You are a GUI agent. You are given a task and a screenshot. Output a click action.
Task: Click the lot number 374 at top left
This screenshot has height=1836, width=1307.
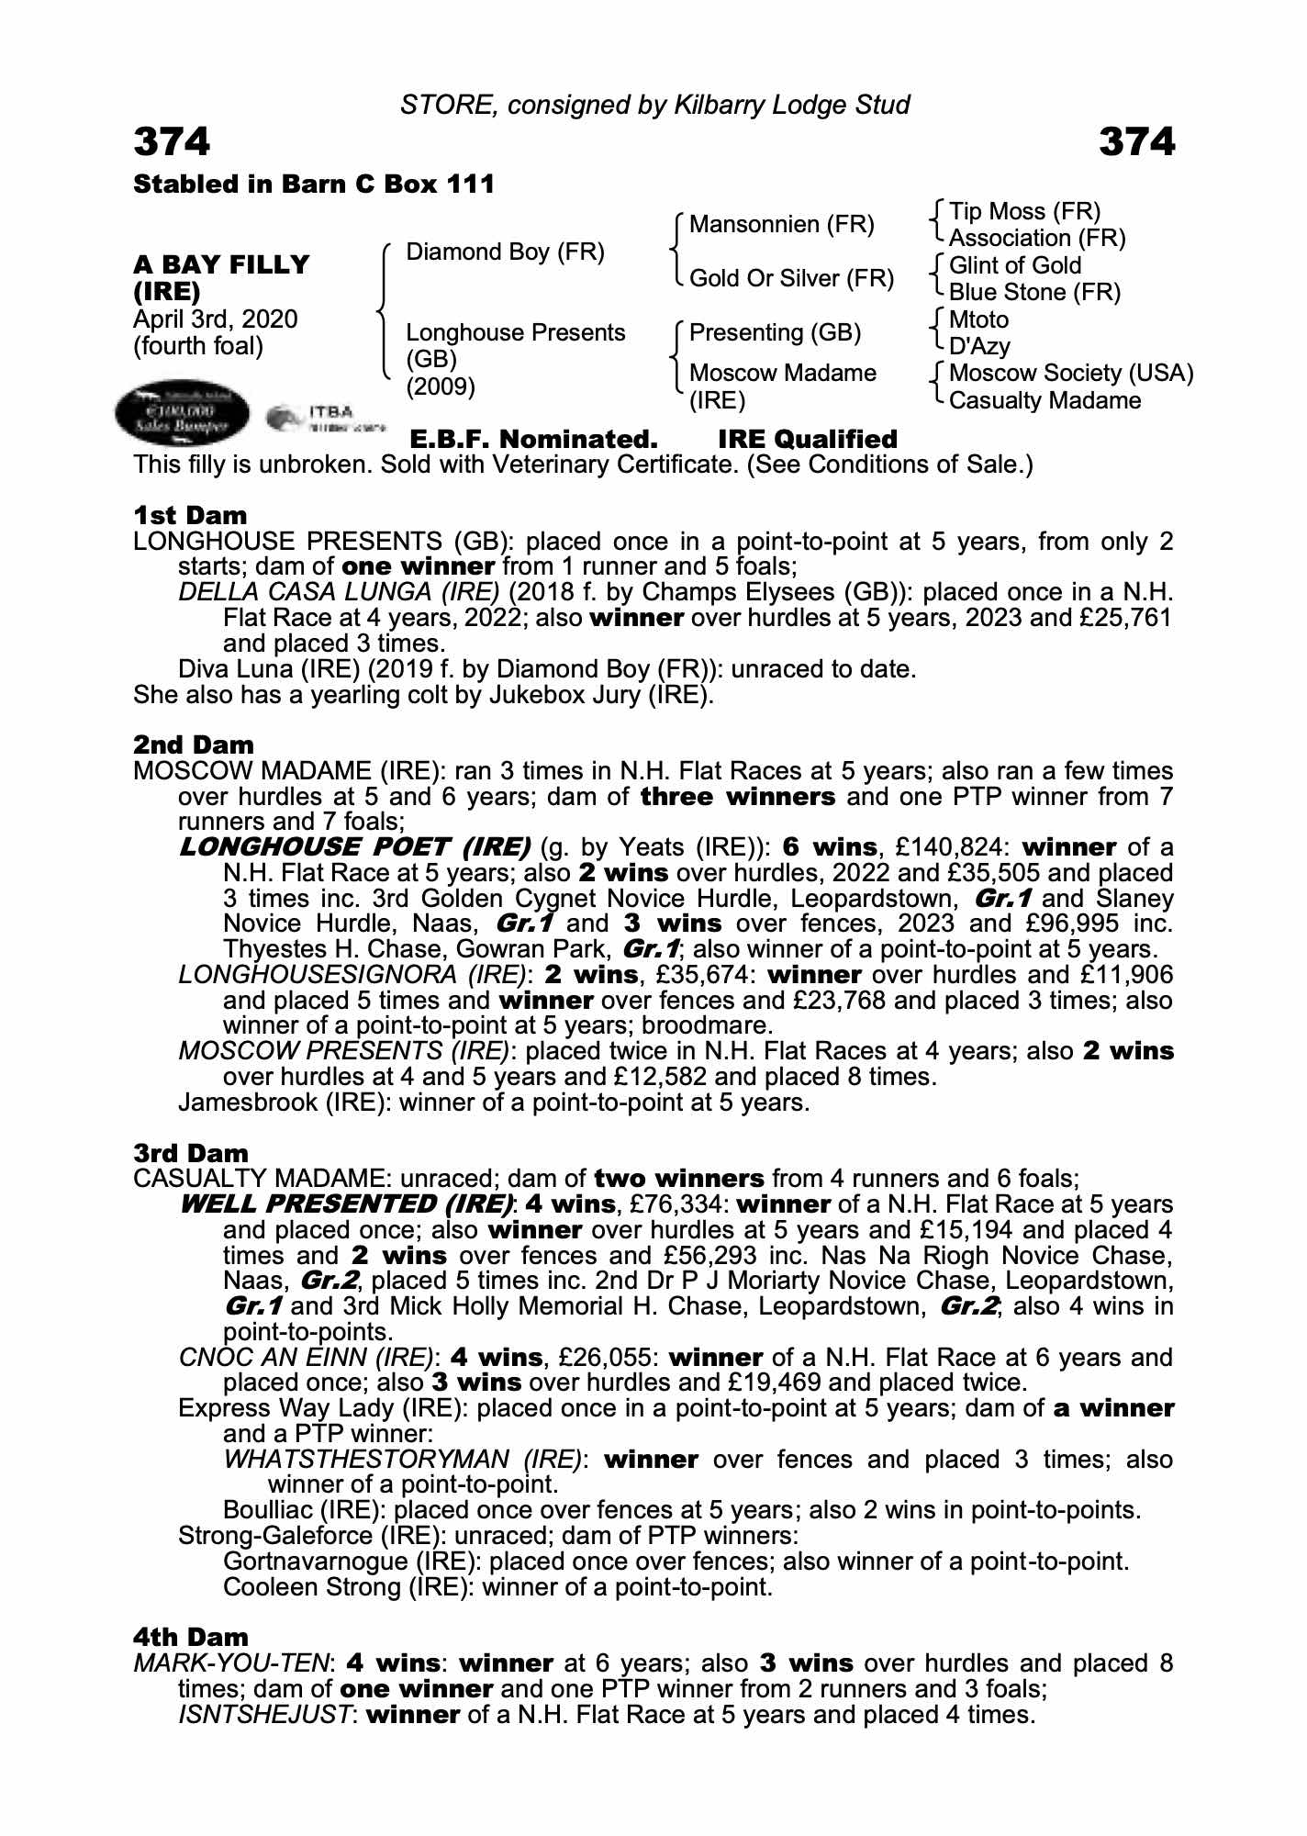[x=172, y=142]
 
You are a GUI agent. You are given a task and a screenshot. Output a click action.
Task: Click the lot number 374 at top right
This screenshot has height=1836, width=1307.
[x=1136, y=142]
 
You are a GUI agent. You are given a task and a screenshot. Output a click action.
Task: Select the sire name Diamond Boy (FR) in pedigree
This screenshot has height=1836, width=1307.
[x=505, y=252]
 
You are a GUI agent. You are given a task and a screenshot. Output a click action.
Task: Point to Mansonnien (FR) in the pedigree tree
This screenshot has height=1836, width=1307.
[x=782, y=225]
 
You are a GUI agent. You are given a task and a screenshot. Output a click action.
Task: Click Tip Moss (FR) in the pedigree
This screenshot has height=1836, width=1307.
[x=1024, y=212]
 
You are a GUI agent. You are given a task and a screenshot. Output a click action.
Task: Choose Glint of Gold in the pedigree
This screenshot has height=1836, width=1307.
[x=1015, y=265]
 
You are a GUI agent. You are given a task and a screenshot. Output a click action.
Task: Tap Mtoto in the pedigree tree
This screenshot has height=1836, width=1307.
[x=978, y=319]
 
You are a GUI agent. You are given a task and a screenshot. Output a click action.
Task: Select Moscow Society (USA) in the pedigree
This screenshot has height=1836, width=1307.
[x=1071, y=373]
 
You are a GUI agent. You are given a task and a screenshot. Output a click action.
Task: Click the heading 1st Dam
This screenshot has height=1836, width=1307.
[x=190, y=515]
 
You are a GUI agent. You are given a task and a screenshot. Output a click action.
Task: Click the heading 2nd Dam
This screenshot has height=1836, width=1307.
[x=194, y=744]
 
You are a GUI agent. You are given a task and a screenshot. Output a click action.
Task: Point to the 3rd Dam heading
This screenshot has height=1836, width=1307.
[x=191, y=1153]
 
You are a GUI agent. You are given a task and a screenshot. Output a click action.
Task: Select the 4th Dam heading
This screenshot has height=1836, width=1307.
[x=191, y=1637]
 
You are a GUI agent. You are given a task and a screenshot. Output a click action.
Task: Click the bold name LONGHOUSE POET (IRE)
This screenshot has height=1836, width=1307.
[x=355, y=846]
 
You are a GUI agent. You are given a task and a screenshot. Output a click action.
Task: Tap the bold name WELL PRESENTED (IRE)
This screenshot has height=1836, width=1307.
[x=347, y=1203]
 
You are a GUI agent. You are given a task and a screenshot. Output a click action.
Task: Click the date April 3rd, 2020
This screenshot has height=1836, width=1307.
[x=216, y=319]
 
